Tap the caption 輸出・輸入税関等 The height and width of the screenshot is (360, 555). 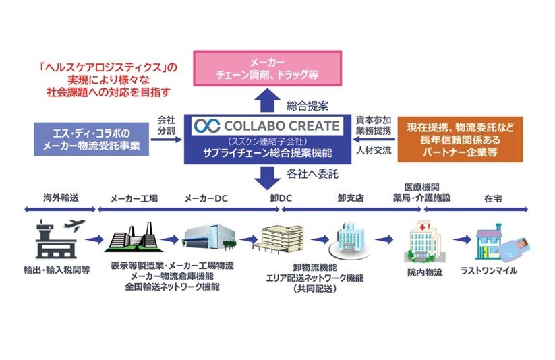click(57, 271)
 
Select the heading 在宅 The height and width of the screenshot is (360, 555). click(493, 199)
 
